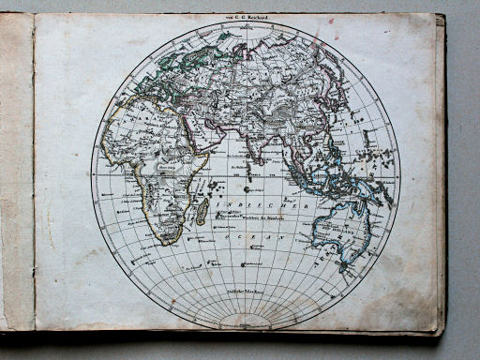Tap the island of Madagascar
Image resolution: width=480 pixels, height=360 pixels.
pyautogui.click(x=202, y=211)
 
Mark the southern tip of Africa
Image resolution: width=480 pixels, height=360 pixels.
pyautogui.click(x=167, y=242)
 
